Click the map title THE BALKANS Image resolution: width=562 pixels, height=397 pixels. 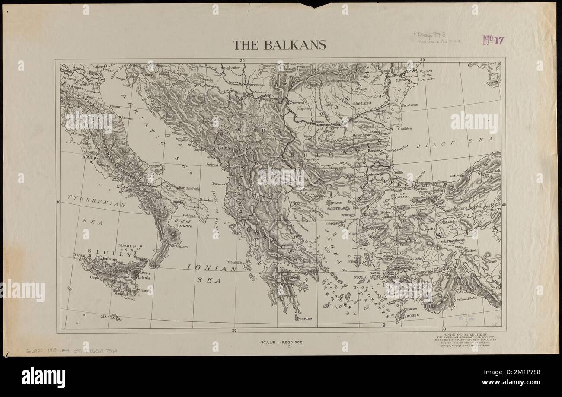point(279,45)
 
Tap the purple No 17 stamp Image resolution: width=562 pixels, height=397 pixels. point(493,41)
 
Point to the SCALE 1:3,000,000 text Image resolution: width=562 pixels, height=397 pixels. point(281,343)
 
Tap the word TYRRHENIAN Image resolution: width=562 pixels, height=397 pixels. point(96,200)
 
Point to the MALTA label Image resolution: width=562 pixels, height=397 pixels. point(107,317)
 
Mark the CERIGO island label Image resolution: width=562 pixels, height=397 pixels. point(305,318)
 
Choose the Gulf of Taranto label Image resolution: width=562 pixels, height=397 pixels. point(184,223)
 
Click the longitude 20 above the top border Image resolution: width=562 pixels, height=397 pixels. point(243,60)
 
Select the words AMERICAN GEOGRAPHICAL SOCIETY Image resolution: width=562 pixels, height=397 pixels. point(462,337)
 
